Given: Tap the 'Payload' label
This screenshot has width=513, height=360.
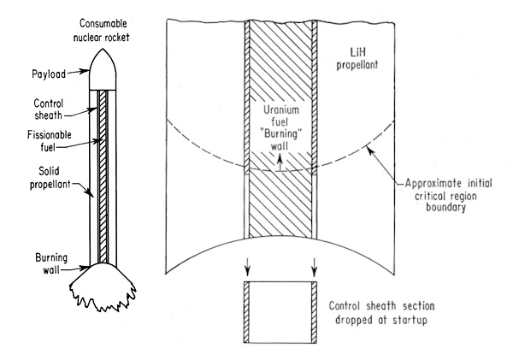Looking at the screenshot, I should pos(38,74).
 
